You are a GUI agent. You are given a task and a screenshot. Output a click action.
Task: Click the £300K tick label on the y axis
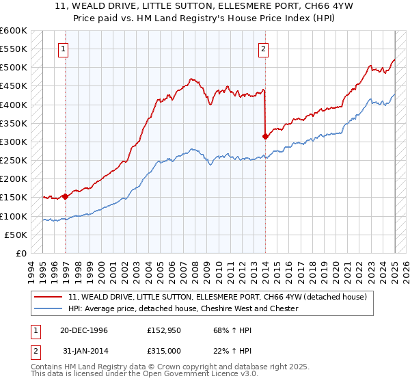point(14,142)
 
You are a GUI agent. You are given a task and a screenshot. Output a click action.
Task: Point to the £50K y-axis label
point(16,235)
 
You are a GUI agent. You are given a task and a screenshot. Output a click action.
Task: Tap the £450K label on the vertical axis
point(14,86)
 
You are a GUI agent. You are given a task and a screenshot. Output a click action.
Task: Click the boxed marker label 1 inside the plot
point(63,49)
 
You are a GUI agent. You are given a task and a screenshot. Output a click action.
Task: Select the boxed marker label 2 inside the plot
point(263,49)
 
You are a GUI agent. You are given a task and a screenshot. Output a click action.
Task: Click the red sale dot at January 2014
point(264,137)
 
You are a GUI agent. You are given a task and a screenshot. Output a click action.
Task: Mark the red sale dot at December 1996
point(66,196)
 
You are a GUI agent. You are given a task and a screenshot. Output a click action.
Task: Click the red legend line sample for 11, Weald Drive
point(49,297)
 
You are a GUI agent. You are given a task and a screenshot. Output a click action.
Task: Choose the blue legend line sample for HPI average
point(49,308)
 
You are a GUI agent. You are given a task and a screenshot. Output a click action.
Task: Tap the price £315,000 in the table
point(164,352)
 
